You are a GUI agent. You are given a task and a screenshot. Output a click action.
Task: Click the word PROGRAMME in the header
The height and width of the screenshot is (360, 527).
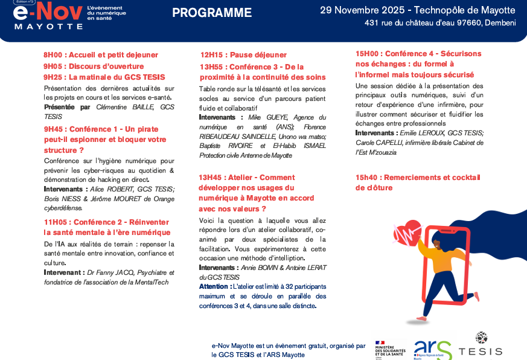(212, 13)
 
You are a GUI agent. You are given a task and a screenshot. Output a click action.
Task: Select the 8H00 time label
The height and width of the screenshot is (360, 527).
(54, 55)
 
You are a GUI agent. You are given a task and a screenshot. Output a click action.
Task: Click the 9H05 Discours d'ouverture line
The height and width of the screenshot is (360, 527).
(94, 66)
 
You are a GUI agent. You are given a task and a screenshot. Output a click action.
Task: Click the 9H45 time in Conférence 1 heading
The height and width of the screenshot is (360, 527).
(54, 129)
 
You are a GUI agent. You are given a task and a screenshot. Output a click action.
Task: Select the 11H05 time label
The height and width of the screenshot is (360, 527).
(56, 222)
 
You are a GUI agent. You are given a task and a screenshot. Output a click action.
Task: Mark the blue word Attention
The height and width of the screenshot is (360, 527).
(212, 286)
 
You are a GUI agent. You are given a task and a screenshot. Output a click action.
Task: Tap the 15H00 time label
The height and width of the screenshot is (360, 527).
(368, 54)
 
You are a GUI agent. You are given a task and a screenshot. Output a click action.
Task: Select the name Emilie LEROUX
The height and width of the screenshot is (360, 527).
(421, 133)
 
